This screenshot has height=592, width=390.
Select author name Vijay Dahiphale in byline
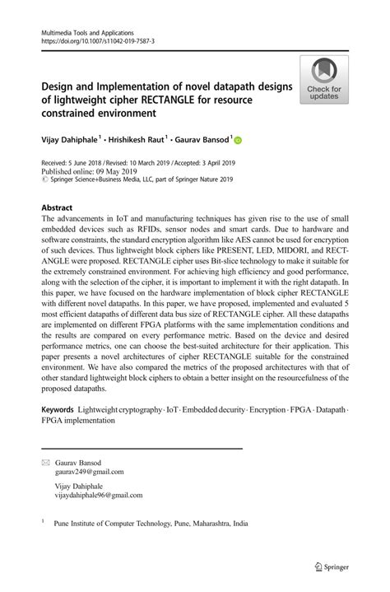click(72, 140)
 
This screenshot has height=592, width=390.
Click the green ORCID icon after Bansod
click(239, 141)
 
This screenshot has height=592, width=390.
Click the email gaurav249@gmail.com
click(90, 472)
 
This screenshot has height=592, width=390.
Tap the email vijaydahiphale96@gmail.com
click(99, 496)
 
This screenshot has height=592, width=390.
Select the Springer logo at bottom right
click(332, 566)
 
